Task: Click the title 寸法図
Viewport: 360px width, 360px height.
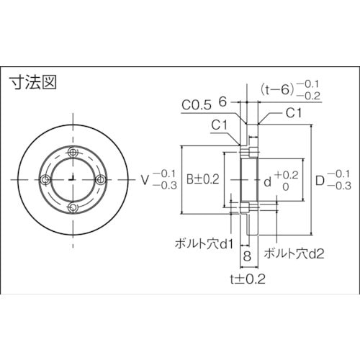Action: pos(32,81)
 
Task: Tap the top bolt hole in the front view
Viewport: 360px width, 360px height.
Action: pos(73,152)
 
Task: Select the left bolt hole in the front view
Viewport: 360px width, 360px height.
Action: pos(45,179)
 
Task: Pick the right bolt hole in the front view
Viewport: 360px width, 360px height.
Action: pos(100,179)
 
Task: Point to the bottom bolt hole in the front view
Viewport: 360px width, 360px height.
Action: pos(73,207)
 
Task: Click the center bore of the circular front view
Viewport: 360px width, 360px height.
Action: pos(73,179)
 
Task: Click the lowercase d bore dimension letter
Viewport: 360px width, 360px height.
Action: pos(266,180)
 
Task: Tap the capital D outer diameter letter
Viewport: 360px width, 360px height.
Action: pos(320,180)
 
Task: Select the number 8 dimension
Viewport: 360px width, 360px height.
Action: pos(246,256)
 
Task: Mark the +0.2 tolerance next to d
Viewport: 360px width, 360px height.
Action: pos(285,174)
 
